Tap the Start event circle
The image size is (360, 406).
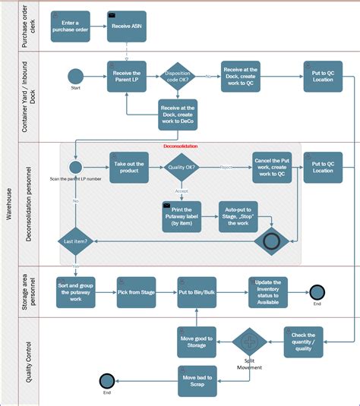[x=75, y=77]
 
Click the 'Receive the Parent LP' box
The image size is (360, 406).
[x=126, y=77]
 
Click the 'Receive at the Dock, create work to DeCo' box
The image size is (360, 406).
[x=178, y=115]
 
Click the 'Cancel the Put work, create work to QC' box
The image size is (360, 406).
[x=273, y=166]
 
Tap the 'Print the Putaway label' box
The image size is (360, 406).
[x=182, y=216]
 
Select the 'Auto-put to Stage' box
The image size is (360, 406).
[x=237, y=216]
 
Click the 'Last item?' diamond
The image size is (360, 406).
[x=75, y=241]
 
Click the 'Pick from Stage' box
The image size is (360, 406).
[x=137, y=291]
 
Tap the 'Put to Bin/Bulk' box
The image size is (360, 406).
[x=195, y=291]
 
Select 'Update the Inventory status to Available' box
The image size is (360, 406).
[x=267, y=291]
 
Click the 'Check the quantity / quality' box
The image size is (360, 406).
[x=304, y=342]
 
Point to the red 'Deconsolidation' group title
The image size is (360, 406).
[x=181, y=146]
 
